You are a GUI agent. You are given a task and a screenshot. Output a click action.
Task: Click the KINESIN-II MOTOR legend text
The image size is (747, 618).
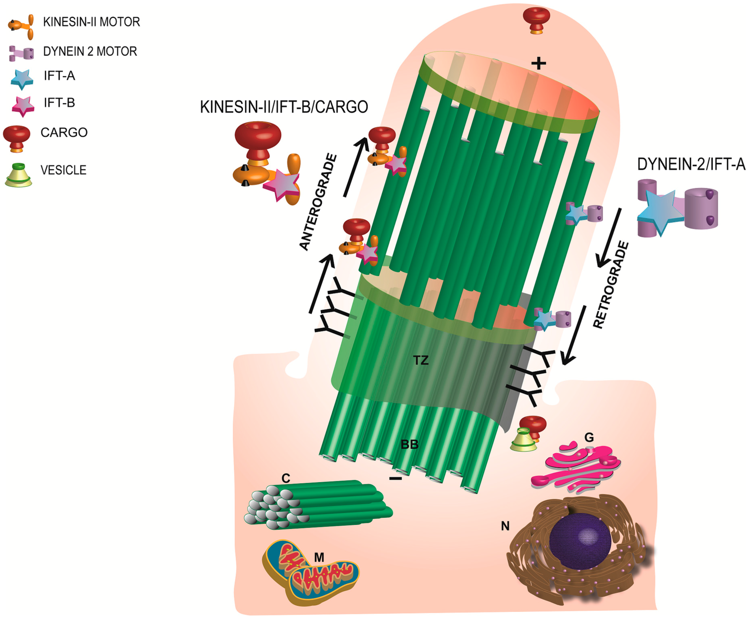pos(91,22)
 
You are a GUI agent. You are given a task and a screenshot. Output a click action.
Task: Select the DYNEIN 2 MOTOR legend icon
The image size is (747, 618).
pos(21,53)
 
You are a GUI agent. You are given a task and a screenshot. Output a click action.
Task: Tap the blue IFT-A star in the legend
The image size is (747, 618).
pos(22,79)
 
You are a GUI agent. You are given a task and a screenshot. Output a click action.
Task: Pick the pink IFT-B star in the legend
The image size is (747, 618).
pos(23,106)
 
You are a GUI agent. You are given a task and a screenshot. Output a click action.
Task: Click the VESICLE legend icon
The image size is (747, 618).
pos(18,175)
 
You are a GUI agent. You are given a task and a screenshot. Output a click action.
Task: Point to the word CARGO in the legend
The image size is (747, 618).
pos(64,133)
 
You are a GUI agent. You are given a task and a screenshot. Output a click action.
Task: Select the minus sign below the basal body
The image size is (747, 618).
pos(395,479)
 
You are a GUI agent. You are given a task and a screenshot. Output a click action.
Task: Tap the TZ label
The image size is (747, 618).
pos(421,360)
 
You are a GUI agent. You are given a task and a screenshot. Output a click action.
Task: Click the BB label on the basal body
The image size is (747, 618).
pos(409,444)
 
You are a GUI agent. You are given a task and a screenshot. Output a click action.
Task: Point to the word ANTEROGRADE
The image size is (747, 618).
pos(318,202)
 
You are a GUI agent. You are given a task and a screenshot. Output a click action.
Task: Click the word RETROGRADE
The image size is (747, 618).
pos(611,284)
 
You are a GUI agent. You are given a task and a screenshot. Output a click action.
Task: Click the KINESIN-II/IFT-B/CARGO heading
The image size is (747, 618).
pos(284,107)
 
